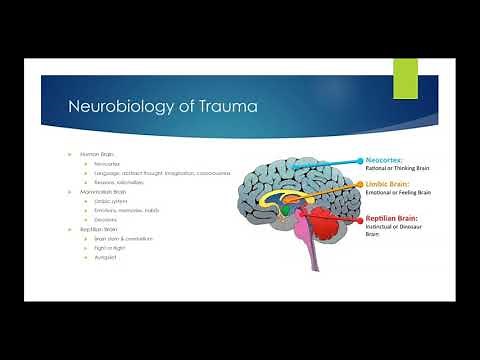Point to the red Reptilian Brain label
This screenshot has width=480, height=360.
point(391,217)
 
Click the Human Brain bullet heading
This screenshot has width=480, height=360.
point(93,154)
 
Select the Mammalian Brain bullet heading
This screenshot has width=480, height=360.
point(98,191)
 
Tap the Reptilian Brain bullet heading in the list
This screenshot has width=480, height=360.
point(96,229)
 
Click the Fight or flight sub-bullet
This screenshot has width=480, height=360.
point(107,248)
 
